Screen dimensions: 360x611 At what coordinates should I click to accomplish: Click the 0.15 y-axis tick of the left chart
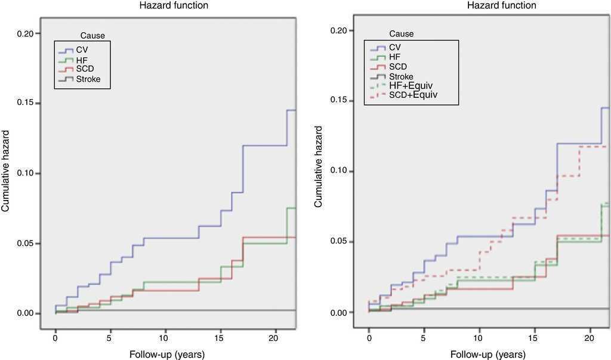click(30, 103)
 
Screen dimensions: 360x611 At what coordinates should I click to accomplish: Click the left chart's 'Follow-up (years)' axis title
click(167, 354)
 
